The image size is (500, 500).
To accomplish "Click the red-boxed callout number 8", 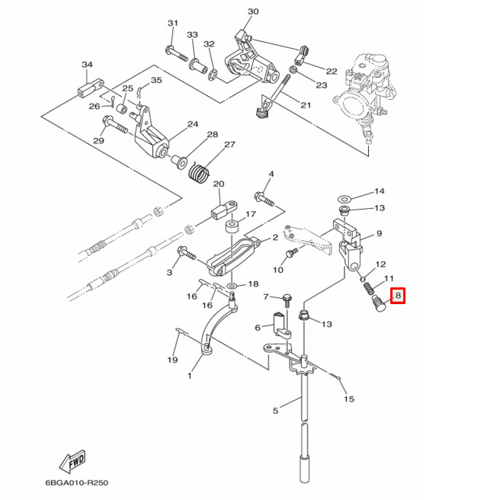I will [397, 296].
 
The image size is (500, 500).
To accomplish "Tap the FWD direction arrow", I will [72, 462].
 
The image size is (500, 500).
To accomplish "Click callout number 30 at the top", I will [253, 11].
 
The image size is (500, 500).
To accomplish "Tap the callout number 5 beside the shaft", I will [276, 412].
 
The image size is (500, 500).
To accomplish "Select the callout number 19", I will [172, 360].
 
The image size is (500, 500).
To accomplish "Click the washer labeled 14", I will [344, 196].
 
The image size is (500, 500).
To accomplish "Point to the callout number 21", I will [306, 105].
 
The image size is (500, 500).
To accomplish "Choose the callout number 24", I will [193, 124].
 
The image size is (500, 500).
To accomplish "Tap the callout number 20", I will [219, 184].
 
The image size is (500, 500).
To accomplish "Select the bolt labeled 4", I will [262, 197].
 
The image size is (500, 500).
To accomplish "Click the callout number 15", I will [349, 399].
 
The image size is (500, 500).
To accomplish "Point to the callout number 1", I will [189, 376].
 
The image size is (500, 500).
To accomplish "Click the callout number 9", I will [379, 233].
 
